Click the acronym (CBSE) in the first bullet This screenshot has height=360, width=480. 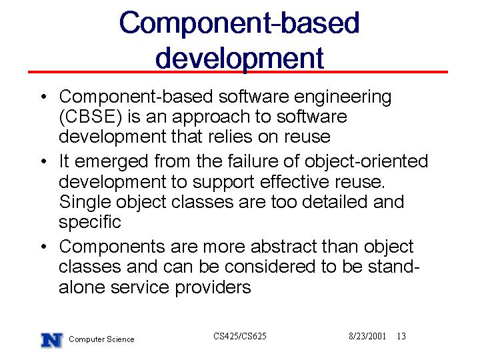coord(90,117)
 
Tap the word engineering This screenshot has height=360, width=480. coord(343,98)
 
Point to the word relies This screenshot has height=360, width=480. coord(230,136)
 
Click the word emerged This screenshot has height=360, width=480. coord(111,162)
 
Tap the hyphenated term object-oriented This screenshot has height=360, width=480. coord(366,161)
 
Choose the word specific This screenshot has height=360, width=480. coord(90,223)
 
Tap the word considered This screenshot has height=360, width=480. coord(270,267)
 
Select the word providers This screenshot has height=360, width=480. coord(213,288)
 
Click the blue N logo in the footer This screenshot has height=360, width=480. coord(52,340)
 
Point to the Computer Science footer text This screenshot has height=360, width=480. coord(101,339)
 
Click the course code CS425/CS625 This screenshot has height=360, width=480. coord(240,336)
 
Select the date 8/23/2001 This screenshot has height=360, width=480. coord(367,336)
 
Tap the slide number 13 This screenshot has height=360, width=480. coord(401,336)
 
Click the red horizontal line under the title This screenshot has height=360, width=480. coord(238,72)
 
